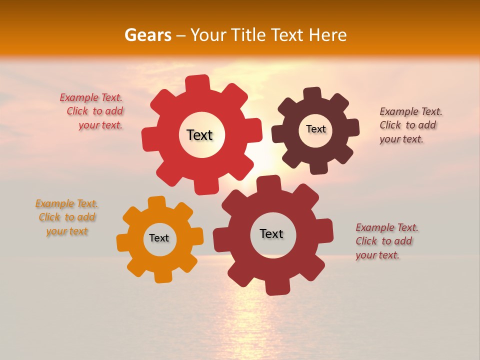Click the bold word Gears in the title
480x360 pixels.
click(147, 35)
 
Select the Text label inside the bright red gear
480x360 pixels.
click(199, 135)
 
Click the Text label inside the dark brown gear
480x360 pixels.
click(315, 129)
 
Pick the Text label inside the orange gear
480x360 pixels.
click(159, 238)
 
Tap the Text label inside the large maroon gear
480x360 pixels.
click(271, 233)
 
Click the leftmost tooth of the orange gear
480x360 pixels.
click(123, 242)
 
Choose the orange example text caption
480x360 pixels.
click(66, 217)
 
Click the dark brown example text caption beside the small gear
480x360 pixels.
click(411, 125)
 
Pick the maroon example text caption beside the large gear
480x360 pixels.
click(387, 241)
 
